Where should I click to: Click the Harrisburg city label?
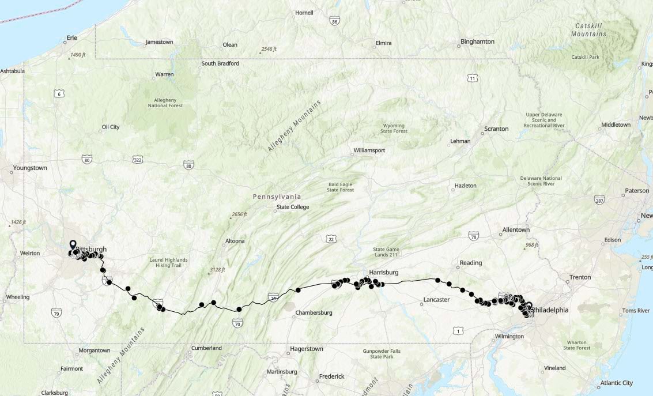(x=383, y=272)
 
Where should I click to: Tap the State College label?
(x=293, y=207)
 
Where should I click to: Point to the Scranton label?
(x=496, y=129)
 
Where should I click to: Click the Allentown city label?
(x=516, y=229)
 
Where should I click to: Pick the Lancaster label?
(x=436, y=300)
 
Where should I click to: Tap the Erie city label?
(x=72, y=38)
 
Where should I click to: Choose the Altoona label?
(x=235, y=241)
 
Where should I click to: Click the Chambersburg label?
(x=314, y=312)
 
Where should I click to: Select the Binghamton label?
(x=478, y=42)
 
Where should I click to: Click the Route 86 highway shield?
(x=335, y=21)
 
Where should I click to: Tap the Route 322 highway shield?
(x=137, y=159)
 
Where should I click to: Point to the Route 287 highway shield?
(x=599, y=199)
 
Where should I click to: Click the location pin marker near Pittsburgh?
(x=73, y=245)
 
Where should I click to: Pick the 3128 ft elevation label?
(x=217, y=270)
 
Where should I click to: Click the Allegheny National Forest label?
(x=165, y=102)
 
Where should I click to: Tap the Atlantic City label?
(x=616, y=383)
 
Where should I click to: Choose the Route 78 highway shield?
(x=474, y=236)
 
